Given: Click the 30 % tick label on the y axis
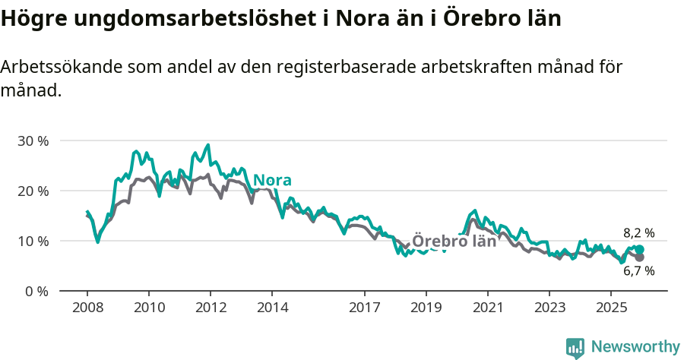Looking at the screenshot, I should tap(32, 141).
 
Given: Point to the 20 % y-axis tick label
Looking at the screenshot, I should tap(32, 191).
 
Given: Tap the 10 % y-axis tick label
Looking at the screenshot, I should tap(32, 241).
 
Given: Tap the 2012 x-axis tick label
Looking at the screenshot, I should tap(210, 308).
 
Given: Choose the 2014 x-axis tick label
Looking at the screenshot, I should tap(272, 308).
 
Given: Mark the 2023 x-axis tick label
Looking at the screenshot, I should tap(549, 308).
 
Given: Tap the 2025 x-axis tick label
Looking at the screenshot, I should tap(611, 308).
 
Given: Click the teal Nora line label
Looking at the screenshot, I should tap(272, 180).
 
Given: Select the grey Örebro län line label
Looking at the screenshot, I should tap(454, 242).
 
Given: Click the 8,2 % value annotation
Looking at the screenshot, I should tap(639, 233).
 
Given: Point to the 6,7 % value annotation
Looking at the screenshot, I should tap(639, 271).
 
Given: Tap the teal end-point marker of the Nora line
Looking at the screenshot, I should tap(640, 249).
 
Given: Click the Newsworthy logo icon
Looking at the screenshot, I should tap(575, 347).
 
